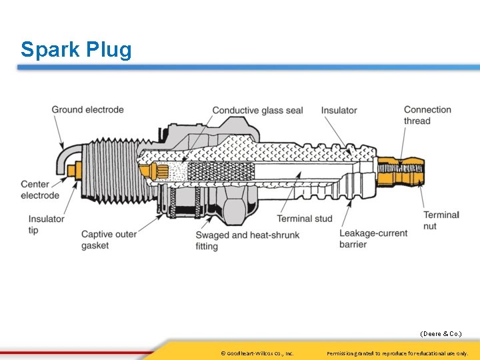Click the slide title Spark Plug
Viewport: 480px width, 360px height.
76,49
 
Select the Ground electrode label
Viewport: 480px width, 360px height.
87,109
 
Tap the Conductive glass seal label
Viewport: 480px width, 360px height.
257,110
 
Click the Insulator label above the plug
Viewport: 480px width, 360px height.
339,110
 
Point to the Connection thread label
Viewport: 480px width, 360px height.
427,115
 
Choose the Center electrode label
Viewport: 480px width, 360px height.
40,190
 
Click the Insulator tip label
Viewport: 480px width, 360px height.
46,225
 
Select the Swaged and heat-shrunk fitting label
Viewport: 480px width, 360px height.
247,241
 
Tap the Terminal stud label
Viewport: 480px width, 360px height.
305,219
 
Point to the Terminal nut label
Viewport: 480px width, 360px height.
441,220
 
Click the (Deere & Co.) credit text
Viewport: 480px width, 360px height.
440,333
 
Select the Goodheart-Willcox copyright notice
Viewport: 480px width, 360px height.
257,353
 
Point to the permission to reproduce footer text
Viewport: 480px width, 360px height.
397,353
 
